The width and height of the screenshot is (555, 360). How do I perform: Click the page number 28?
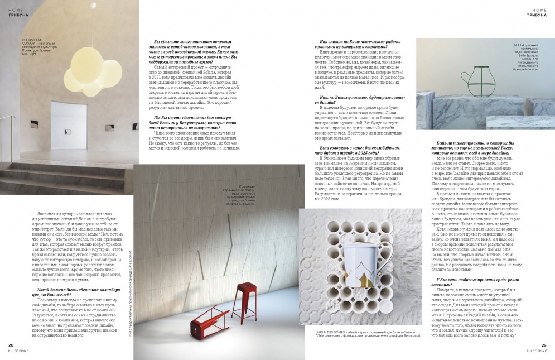(11, 345)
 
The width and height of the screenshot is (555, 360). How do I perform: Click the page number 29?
(544, 345)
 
